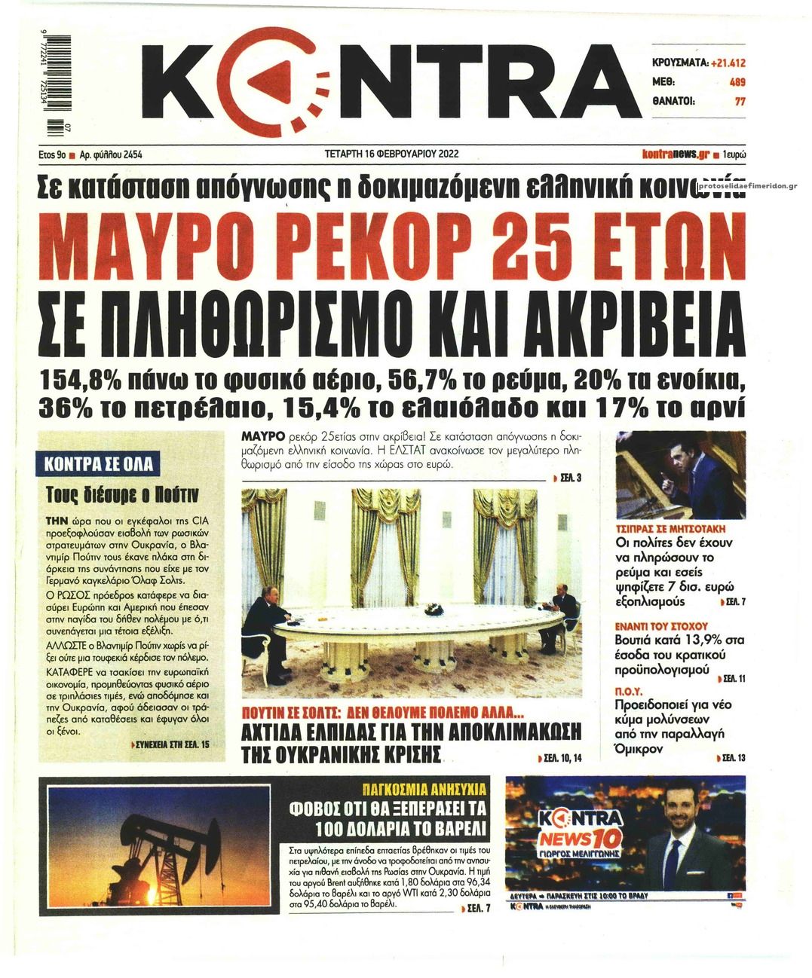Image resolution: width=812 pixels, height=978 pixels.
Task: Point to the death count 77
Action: (740, 102)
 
